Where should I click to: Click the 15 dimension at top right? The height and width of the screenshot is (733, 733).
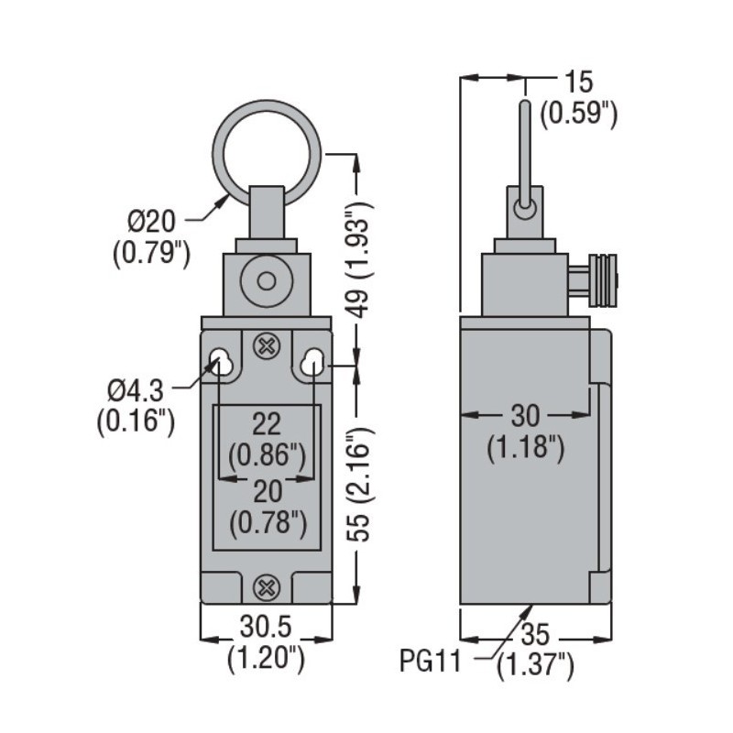tap(579, 82)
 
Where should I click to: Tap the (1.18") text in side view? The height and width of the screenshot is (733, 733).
tap(525, 448)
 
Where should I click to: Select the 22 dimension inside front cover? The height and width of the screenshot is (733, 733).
tap(266, 423)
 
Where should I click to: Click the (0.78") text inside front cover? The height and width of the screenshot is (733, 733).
tap(266, 524)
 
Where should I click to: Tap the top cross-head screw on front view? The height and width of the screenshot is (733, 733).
tap(267, 346)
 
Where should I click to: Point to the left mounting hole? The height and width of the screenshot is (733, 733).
tap(221, 361)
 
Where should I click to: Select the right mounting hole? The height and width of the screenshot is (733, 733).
tap(312, 361)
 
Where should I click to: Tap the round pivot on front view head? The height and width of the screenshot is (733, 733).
tap(267, 279)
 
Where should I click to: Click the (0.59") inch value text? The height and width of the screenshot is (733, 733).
tap(579, 115)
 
